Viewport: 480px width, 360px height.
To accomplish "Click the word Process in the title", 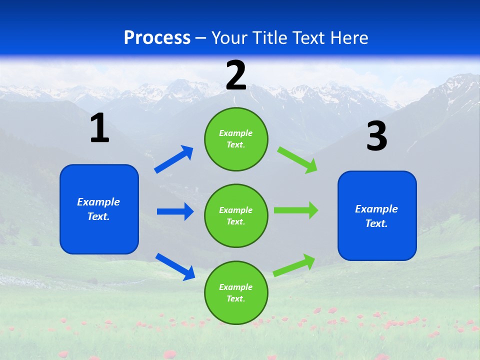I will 157,38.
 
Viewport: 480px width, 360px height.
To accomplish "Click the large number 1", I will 99,128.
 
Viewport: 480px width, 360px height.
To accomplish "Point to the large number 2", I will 236,75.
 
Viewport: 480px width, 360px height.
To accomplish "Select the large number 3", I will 376,136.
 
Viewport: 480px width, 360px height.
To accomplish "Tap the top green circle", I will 236,139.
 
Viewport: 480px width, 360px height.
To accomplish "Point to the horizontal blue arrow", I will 175,211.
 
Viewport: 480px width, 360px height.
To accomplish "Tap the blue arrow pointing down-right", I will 175,266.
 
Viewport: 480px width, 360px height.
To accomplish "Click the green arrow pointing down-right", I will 297,160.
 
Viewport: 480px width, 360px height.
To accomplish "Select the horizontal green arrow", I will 296,210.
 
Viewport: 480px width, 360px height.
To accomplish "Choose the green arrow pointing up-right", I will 294,265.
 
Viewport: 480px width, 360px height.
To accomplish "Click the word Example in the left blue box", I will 98,202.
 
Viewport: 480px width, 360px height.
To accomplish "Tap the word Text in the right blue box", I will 376,223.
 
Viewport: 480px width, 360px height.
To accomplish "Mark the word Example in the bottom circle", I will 235,287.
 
